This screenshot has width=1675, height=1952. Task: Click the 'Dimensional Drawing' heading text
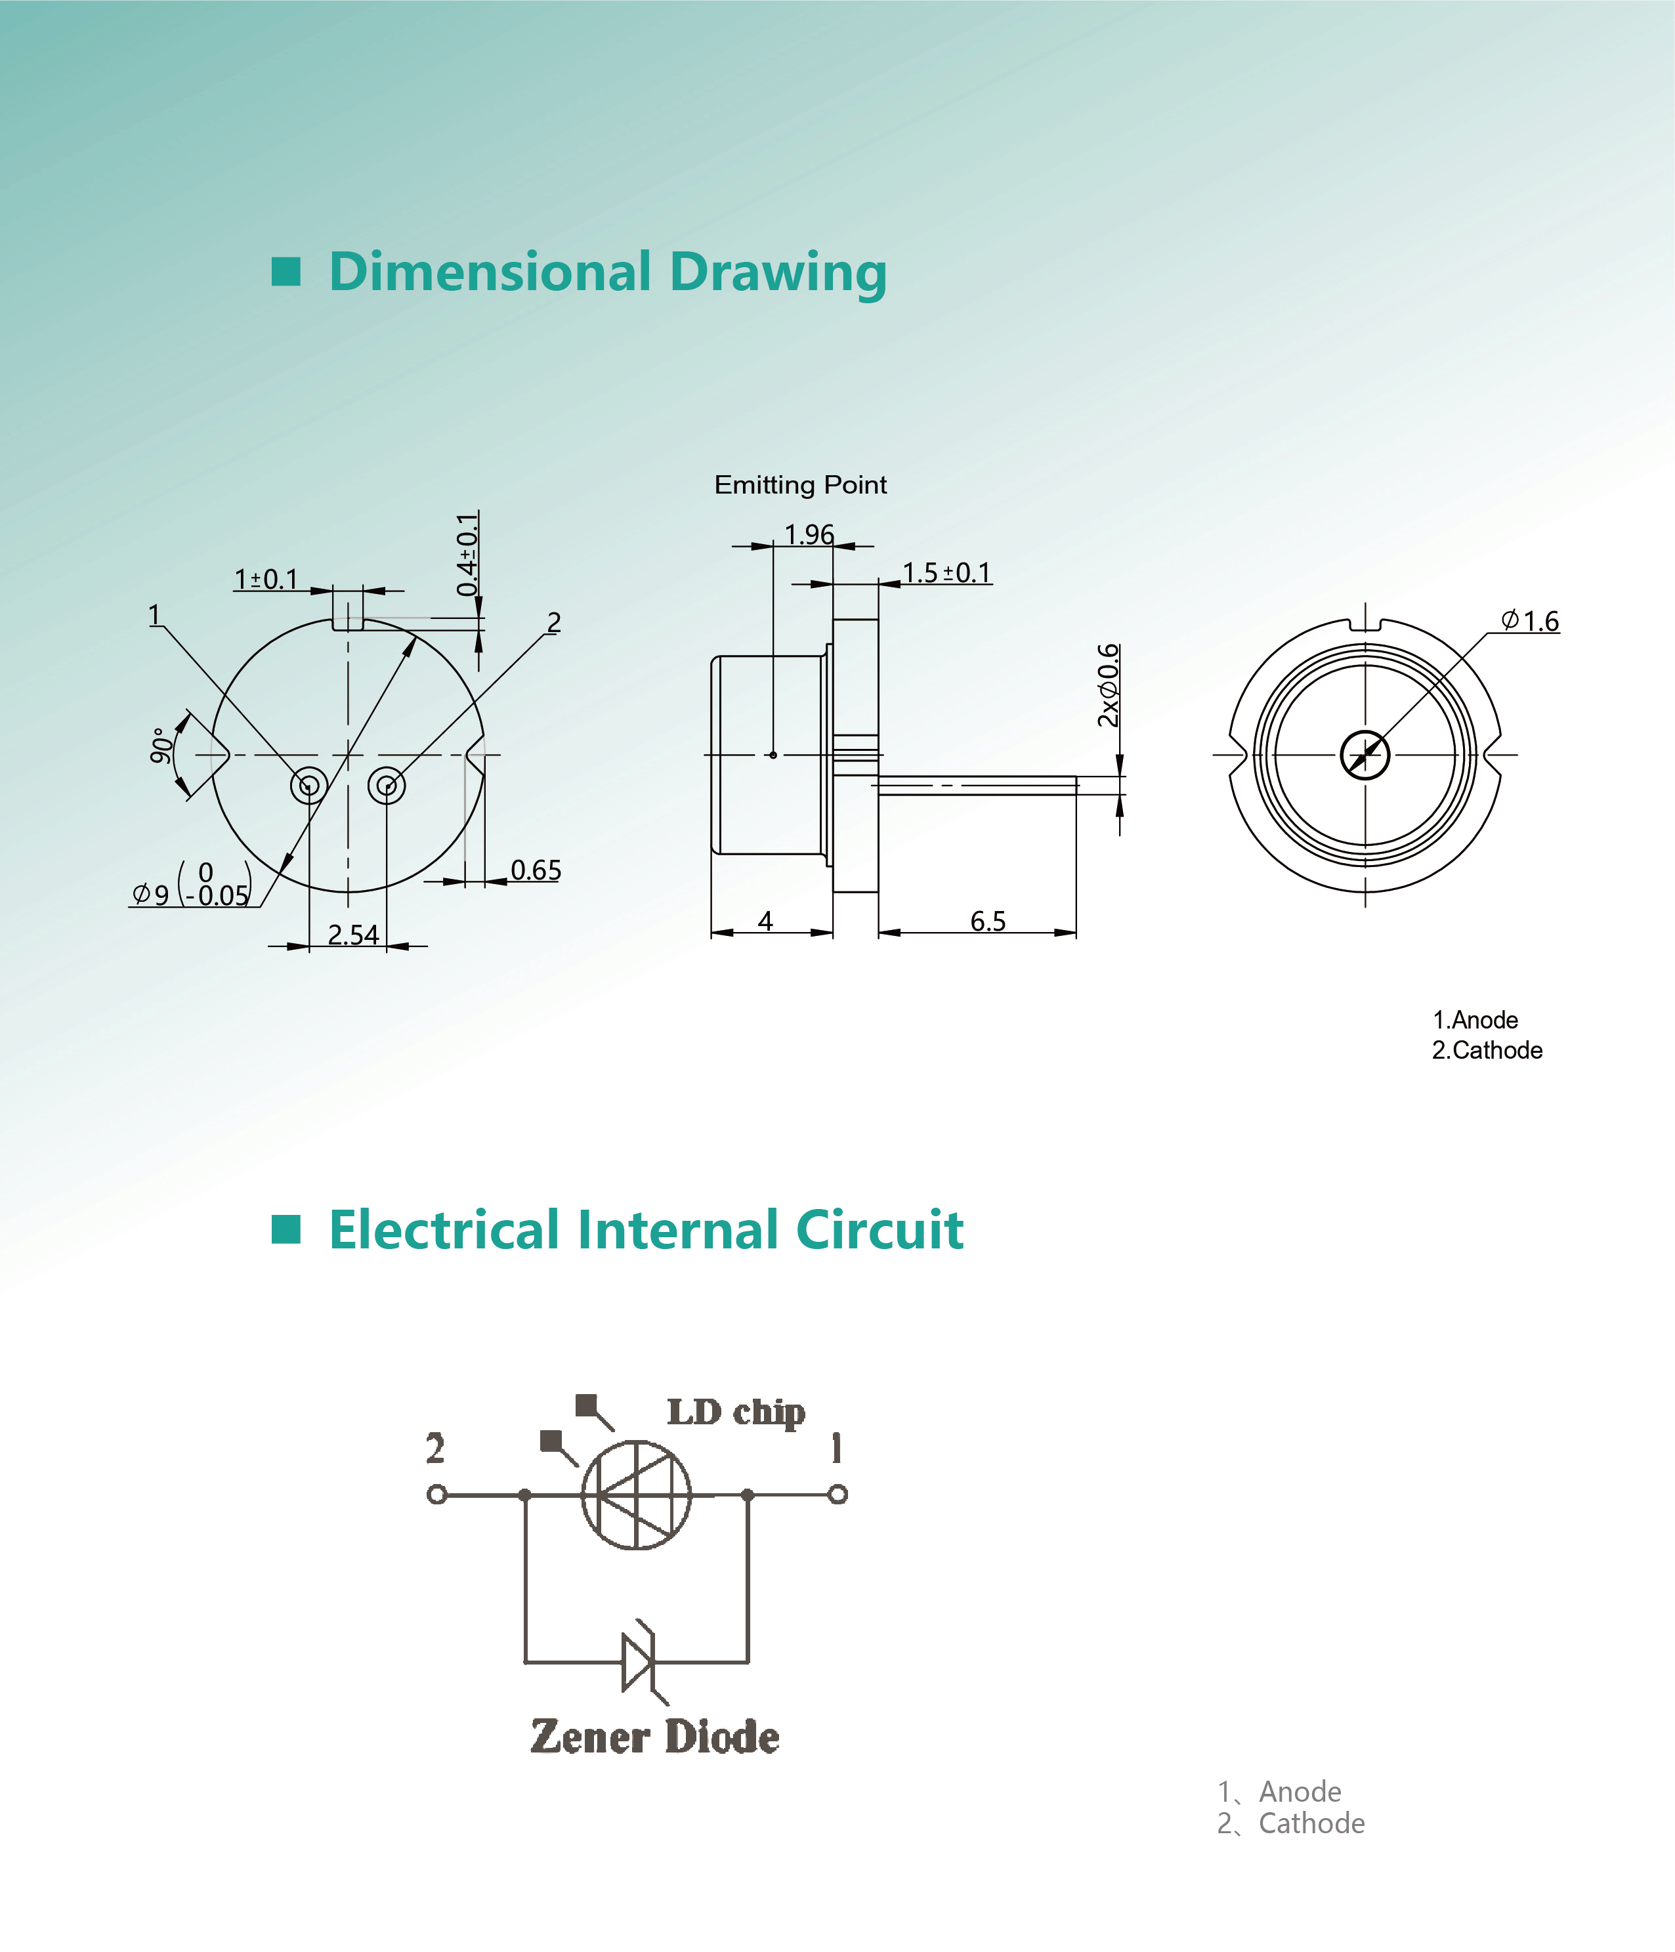[x=608, y=273]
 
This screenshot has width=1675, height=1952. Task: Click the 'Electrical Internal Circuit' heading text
[x=647, y=1231]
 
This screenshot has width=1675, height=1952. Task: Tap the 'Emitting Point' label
[x=801, y=485]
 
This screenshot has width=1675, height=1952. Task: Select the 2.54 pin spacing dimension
[x=353, y=935]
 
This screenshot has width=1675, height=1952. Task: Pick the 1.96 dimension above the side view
[x=809, y=535]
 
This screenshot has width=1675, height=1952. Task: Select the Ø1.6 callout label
[x=1530, y=621]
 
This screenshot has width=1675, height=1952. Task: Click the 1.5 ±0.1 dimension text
[x=946, y=573]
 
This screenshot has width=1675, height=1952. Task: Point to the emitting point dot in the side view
[x=773, y=755]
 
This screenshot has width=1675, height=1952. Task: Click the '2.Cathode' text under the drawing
[x=1487, y=1050]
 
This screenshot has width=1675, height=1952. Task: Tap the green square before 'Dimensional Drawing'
[x=286, y=271]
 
